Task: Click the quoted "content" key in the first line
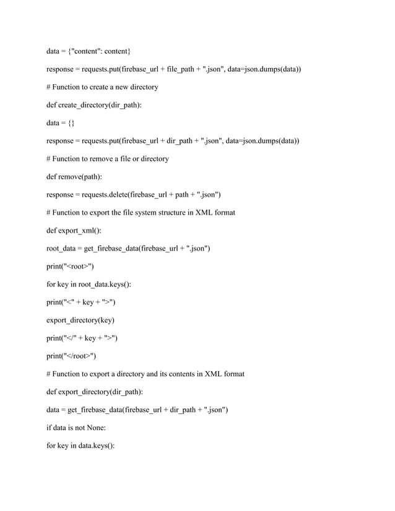(90, 51)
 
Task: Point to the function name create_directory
(82, 105)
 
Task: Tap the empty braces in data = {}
(71, 122)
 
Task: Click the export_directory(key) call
(80, 320)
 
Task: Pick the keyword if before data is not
(50, 427)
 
